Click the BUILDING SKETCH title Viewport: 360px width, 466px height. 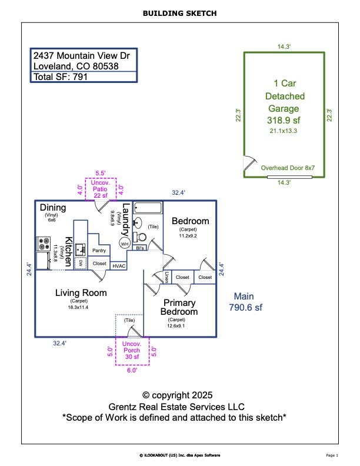(x=179, y=12)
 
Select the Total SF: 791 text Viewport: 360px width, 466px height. (x=61, y=76)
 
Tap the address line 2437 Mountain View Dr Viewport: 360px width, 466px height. (x=81, y=55)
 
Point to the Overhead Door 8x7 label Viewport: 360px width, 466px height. (x=288, y=168)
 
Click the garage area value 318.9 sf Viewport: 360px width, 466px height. (x=284, y=120)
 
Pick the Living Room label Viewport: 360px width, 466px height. (x=81, y=292)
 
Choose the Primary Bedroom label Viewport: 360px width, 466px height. (x=180, y=307)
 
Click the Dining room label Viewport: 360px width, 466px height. (x=53, y=208)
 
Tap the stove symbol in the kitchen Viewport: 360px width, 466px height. (x=44, y=243)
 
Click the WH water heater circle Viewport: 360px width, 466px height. (x=125, y=243)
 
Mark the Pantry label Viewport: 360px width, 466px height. (x=99, y=250)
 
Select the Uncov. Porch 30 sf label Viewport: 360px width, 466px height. (x=132, y=350)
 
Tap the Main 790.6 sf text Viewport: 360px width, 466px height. (x=246, y=301)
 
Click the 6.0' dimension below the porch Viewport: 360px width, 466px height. (x=132, y=371)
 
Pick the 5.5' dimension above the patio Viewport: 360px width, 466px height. (x=101, y=174)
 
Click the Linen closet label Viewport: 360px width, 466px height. (x=167, y=277)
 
